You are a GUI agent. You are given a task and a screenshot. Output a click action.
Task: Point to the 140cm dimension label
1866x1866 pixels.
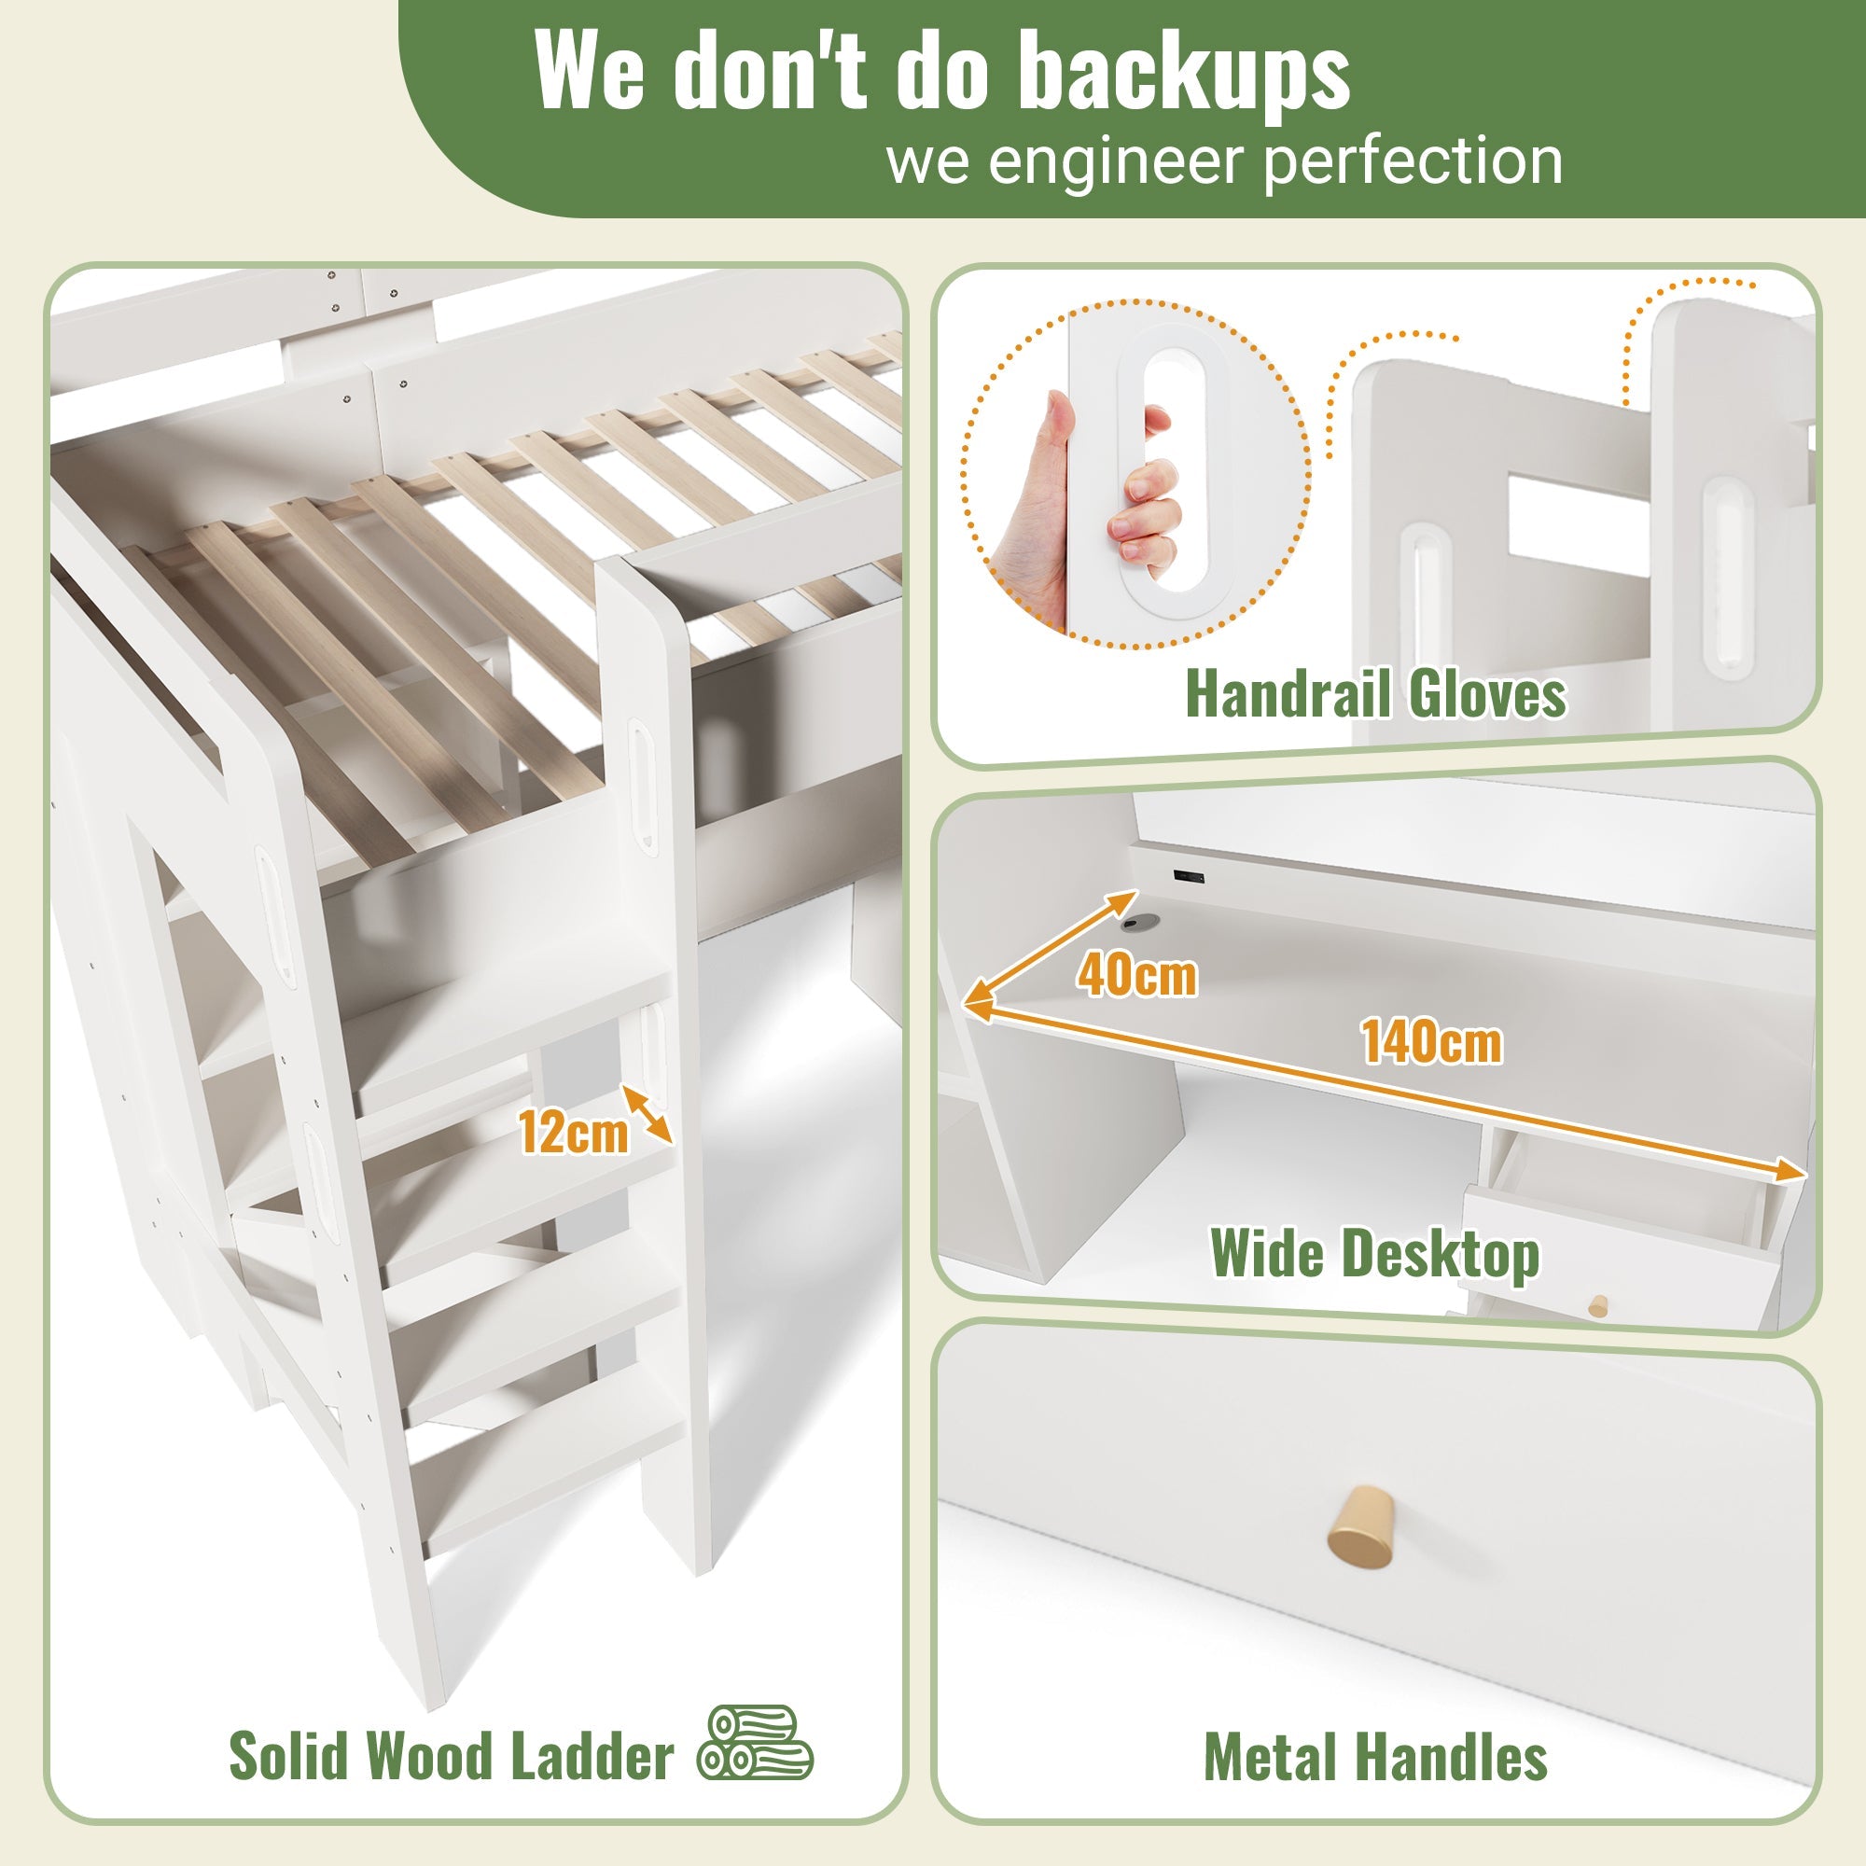click(1432, 1042)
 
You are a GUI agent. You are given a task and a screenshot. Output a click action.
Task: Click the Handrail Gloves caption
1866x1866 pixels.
click(1375, 693)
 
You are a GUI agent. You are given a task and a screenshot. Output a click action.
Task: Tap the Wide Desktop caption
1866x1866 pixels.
click(1374, 1254)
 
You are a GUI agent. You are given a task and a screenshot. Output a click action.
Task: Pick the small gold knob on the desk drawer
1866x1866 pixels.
click(1597, 1306)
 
